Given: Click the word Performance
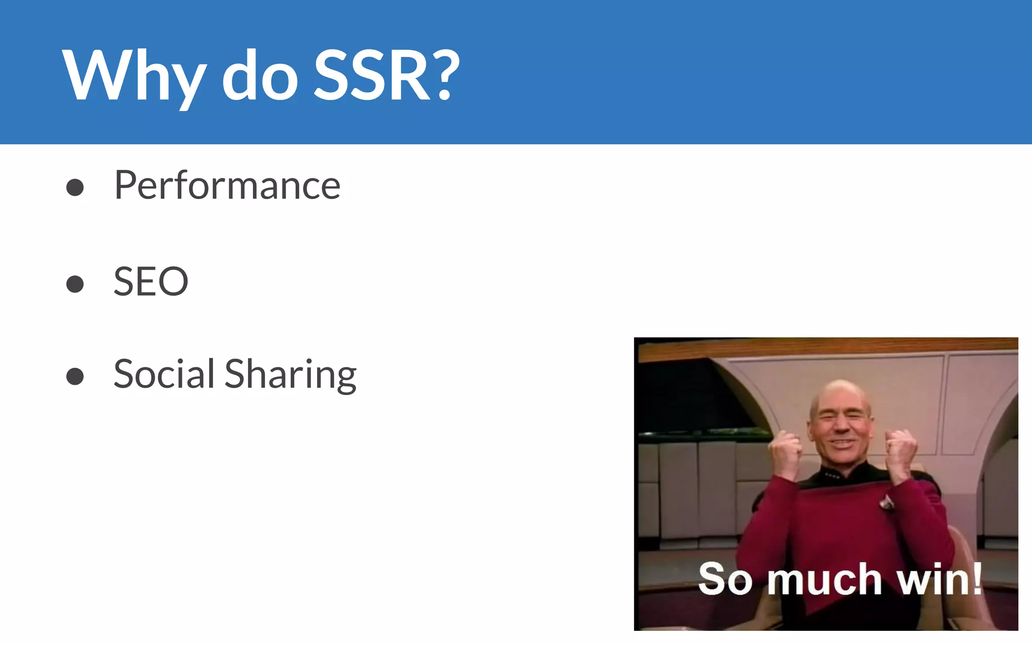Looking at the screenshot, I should tap(227, 185).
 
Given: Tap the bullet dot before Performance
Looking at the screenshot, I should tap(75, 187).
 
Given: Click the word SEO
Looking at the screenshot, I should tap(151, 281).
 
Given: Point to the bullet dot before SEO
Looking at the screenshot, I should tap(75, 284).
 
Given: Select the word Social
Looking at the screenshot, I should tap(164, 374).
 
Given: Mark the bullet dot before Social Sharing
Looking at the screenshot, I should tap(75, 376).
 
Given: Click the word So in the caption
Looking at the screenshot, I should tap(725, 579).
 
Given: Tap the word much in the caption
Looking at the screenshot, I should tap(824, 579).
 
